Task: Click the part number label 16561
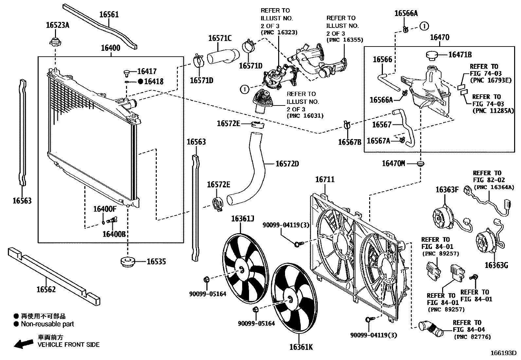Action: click(109, 14)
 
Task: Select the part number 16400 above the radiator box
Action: click(110, 48)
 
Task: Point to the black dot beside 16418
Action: click(140, 82)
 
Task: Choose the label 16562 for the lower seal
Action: click(46, 289)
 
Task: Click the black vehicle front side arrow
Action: click(24, 343)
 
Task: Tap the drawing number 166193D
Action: click(503, 353)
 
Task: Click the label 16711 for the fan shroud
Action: click(325, 180)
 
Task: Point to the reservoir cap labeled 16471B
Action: click(434, 55)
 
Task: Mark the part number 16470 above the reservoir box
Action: click(440, 37)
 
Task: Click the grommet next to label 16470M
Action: click(421, 163)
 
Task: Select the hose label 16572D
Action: click(287, 163)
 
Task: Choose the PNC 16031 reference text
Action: click(305, 116)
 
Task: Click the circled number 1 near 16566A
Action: click(424, 26)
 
